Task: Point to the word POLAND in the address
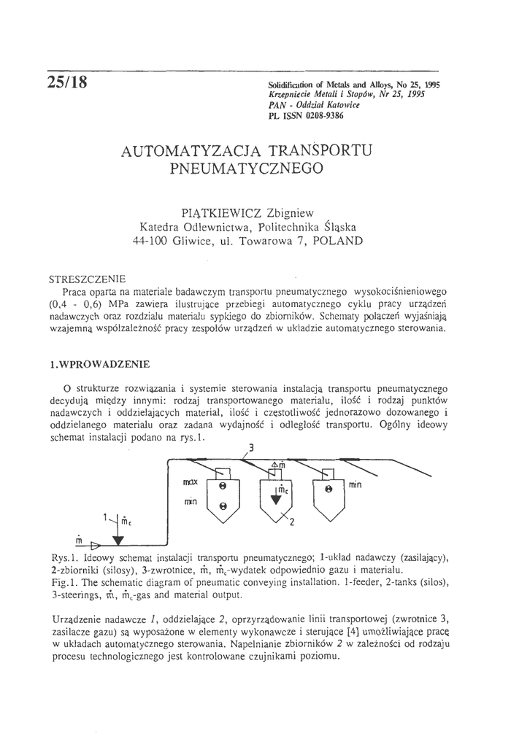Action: coord(337,240)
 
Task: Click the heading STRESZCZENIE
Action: coord(87,279)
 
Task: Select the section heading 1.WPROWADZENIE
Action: coord(98,363)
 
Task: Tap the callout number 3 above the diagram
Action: coord(253,448)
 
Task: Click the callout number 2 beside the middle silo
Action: coord(291,522)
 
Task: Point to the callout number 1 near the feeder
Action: coord(104,517)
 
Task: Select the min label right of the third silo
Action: coord(356,484)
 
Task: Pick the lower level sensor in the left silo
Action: coord(223,505)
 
